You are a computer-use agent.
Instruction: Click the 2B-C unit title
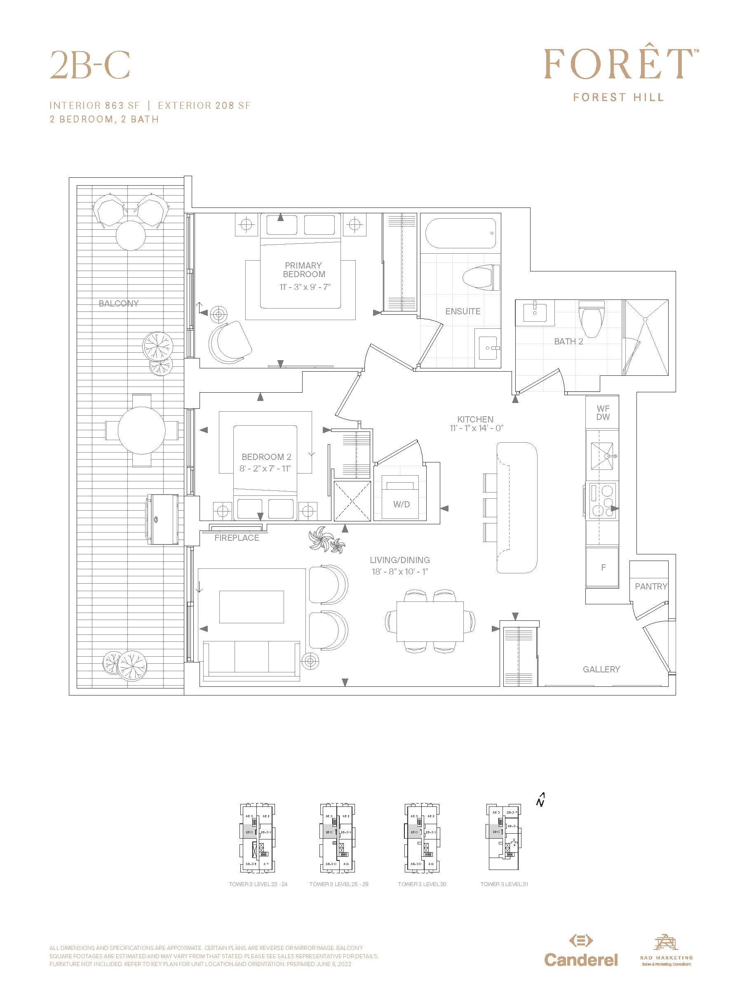point(90,65)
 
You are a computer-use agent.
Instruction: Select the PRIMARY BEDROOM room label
point(304,270)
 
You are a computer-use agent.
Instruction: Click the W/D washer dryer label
point(401,504)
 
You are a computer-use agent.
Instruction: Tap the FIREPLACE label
point(237,538)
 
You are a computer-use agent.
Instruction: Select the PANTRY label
point(651,586)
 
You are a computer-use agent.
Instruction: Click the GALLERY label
point(601,669)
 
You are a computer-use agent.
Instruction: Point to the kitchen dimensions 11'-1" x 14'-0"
point(477,428)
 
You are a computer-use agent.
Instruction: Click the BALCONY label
point(119,304)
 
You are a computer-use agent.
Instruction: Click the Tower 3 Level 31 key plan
point(503,837)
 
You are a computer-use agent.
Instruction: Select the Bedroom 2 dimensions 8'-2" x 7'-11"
point(265,469)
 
